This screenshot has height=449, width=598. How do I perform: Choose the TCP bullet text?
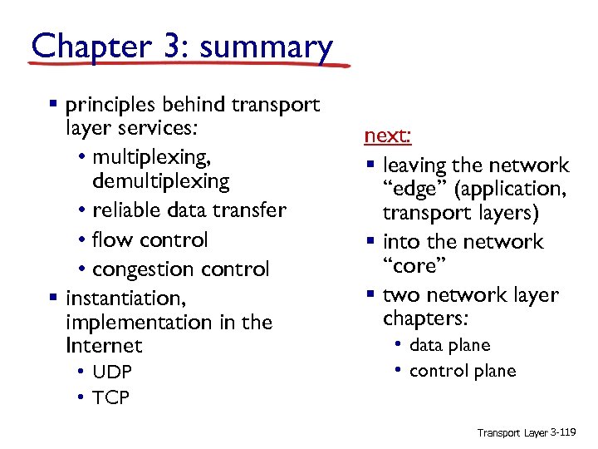click(x=110, y=398)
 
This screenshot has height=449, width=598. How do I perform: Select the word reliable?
click(x=125, y=210)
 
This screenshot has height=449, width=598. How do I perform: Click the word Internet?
click(x=104, y=345)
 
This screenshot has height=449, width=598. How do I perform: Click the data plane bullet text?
click(x=450, y=345)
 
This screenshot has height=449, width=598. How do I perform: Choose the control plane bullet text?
click(x=463, y=371)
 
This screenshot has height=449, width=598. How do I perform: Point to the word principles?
click(x=114, y=105)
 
